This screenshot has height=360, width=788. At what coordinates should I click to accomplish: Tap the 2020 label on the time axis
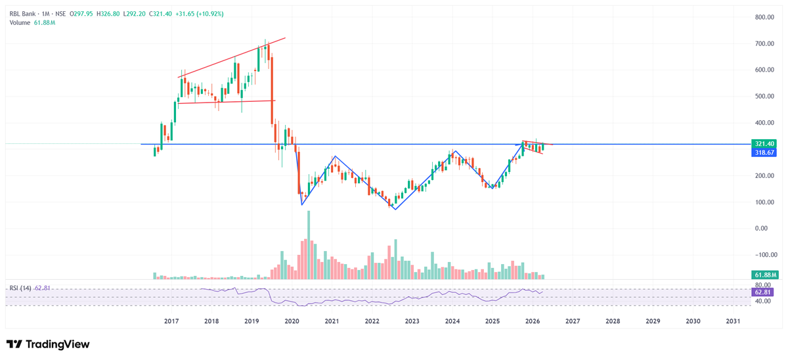click(x=292, y=321)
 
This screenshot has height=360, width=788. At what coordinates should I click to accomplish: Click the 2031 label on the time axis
click(x=733, y=321)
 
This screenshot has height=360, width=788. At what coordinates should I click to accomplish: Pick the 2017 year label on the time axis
click(x=171, y=321)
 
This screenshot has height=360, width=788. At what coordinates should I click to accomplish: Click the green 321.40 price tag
click(x=764, y=144)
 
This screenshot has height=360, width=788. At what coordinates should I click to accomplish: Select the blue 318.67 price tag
click(x=764, y=152)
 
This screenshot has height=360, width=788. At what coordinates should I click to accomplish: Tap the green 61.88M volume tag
click(x=764, y=275)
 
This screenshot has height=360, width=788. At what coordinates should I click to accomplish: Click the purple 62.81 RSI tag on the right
click(x=764, y=291)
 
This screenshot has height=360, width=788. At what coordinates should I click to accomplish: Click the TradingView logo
click(x=48, y=344)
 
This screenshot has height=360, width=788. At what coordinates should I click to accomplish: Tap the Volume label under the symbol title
click(x=20, y=23)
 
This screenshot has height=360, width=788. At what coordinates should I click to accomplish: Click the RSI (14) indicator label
click(x=20, y=288)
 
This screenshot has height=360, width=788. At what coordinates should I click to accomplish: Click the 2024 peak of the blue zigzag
click(x=455, y=152)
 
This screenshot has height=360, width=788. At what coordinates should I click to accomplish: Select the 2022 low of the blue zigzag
click(x=395, y=209)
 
